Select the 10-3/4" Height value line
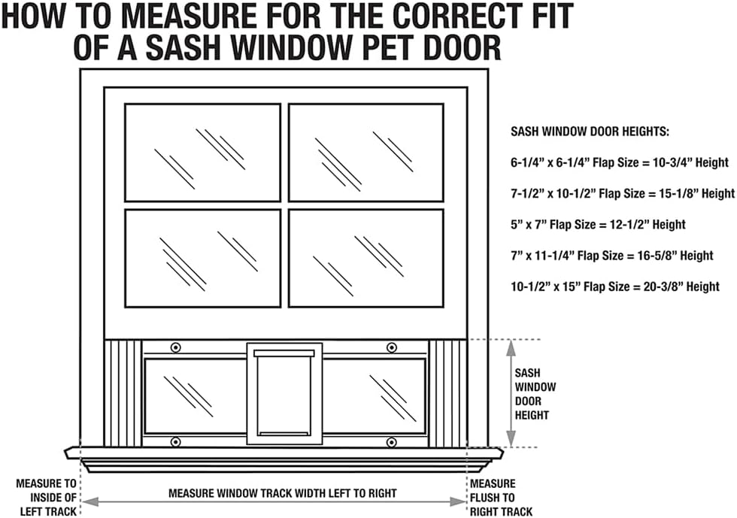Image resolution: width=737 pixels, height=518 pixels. [620, 162]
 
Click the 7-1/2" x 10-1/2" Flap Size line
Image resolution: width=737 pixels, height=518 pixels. [623, 194]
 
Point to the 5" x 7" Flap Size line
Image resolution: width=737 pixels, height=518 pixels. [598, 225]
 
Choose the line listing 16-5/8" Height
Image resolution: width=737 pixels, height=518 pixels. [612, 256]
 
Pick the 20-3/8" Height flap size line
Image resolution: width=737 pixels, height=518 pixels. [615, 286]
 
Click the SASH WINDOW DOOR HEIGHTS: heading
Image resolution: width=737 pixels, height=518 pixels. [590, 132]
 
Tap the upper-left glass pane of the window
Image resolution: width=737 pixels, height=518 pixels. [202, 153]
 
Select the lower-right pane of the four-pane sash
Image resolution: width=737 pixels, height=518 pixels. [365, 258]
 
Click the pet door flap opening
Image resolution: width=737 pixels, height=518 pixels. [284, 394]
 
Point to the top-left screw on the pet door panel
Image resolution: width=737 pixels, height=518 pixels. [176, 347]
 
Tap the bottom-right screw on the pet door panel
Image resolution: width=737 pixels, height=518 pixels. [392, 442]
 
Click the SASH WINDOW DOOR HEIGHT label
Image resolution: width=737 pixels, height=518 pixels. [535, 394]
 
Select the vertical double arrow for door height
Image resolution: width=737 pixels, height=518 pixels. [511, 393]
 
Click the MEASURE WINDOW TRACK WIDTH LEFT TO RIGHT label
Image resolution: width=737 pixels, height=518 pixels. [283, 493]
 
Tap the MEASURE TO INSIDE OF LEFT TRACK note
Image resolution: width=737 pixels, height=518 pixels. [46, 497]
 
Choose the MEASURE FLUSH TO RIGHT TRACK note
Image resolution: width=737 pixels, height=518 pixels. [501, 497]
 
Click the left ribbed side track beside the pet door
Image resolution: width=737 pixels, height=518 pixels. [122, 393]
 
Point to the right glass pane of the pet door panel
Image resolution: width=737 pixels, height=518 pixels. [374, 396]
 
